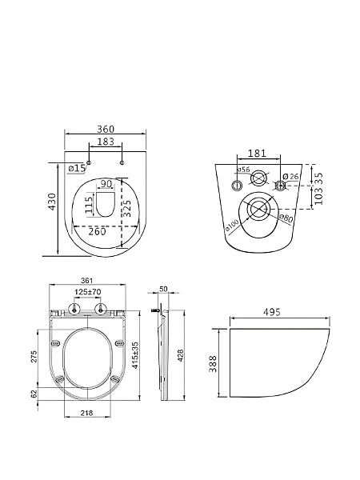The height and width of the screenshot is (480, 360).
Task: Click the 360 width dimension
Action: (x=106, y=129)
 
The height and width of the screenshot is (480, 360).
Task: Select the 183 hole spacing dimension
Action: (x=106, y=142)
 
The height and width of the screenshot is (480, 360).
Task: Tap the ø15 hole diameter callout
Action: (x=77, y=168)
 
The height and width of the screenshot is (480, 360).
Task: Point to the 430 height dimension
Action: (x=53, y=202)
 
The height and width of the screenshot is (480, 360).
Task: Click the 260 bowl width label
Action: (x=97, y=231)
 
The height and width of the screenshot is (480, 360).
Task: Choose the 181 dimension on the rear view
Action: (x=257, y=153)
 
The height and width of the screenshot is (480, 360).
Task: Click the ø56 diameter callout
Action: (x=244, y=170)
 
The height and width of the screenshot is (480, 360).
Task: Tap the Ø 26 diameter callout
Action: (x=290, y=176)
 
